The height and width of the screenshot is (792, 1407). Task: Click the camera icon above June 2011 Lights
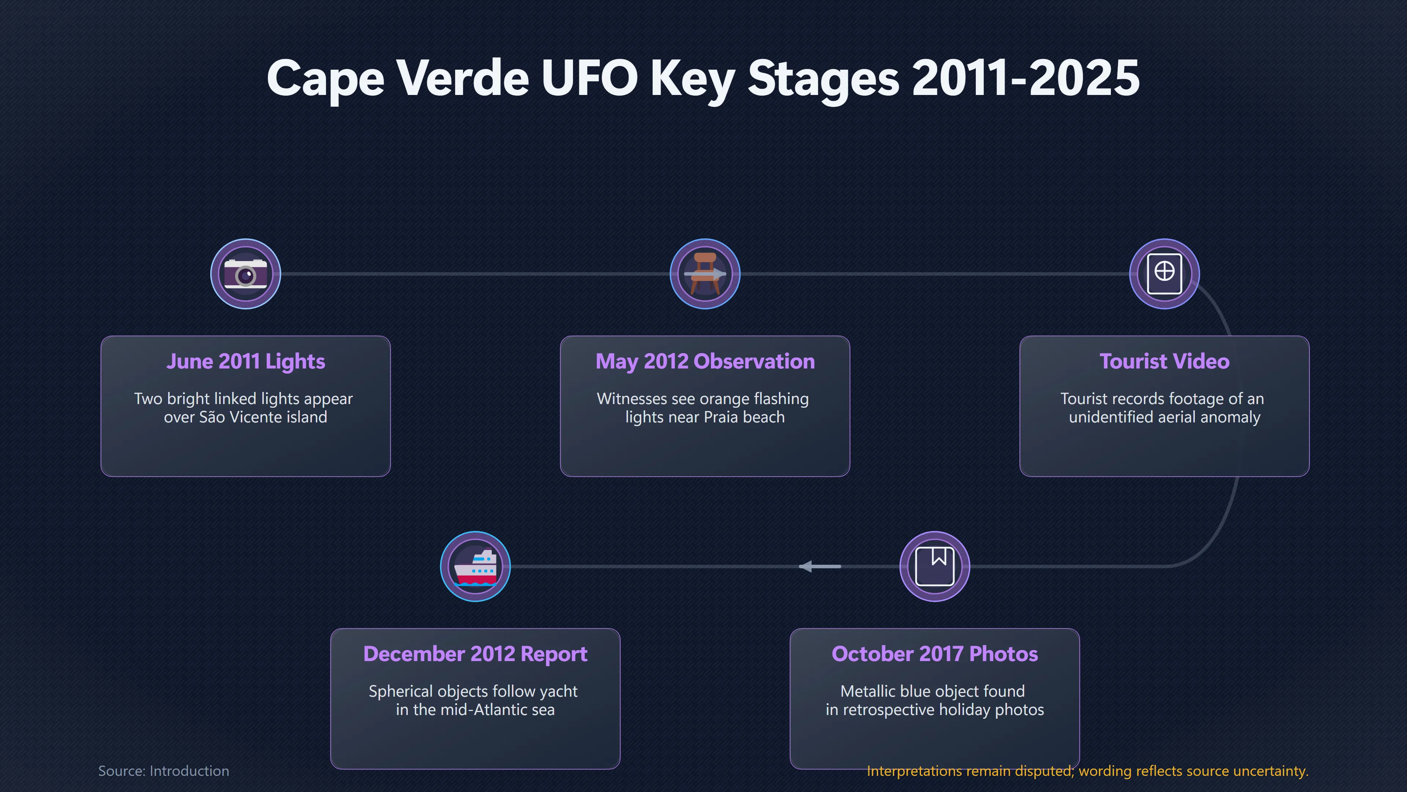tap(246, 274)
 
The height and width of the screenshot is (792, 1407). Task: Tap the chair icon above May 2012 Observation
tap(705, 274)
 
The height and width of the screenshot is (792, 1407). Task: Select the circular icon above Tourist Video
tap(1164, 274)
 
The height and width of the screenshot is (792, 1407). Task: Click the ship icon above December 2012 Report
tap(475, 566)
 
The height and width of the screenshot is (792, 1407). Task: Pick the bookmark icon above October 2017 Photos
tap(935, 566)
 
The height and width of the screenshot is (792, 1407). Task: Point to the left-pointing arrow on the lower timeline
tap(820, 566)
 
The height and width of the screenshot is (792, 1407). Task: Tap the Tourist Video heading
tap(1164, 361)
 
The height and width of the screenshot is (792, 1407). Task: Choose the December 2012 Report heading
tap(475, 654)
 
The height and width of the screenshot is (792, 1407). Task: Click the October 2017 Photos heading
tap(935, 654)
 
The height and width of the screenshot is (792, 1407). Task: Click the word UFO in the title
tap(589, 78)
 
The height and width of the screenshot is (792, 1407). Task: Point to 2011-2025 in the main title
tap(1026, 78)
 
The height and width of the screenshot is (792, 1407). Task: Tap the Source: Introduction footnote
tap(164, 771)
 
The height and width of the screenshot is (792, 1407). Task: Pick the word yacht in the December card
tap(559, 692)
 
